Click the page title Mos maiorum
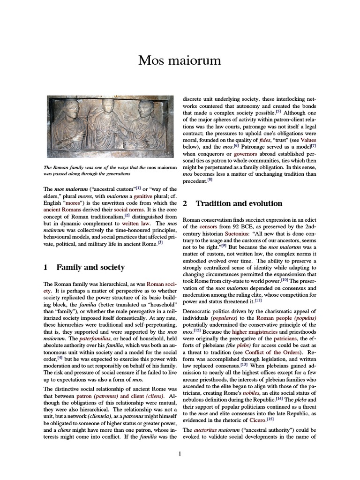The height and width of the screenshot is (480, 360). [x=180, y=60]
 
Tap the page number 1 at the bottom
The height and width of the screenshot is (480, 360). [x=180, y=453]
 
